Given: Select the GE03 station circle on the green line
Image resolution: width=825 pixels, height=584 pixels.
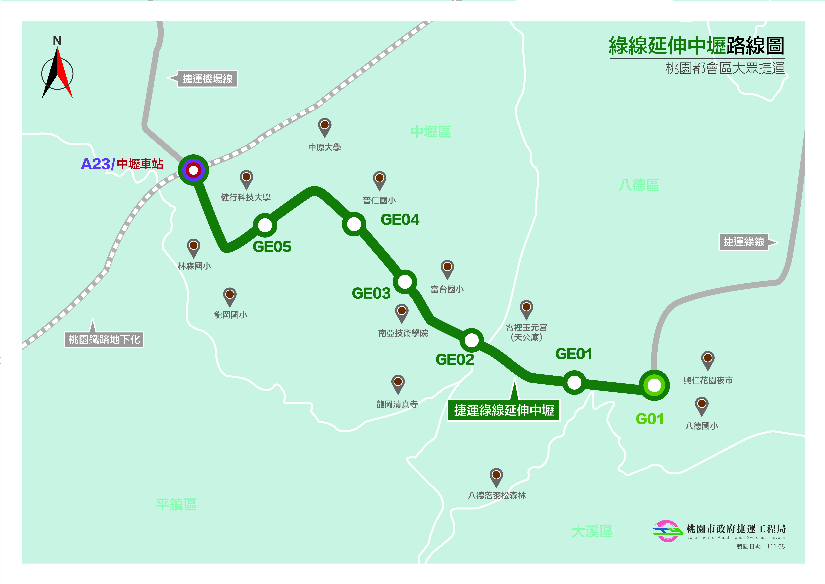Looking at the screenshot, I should tap(405, 282).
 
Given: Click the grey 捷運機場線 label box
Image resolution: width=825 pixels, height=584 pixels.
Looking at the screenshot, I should tap(207, 79).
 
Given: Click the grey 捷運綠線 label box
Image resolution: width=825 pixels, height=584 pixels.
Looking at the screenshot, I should tap(743, 242).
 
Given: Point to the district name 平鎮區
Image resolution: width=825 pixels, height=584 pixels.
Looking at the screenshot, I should tap(176, 505).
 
